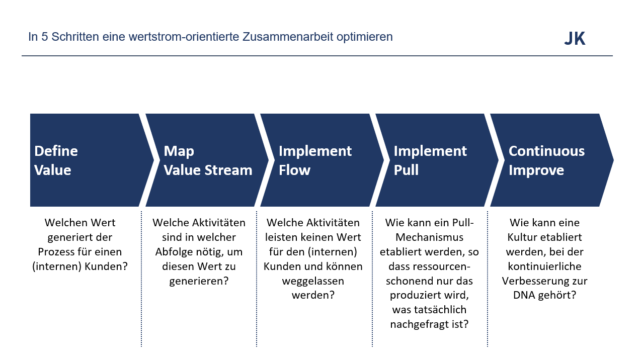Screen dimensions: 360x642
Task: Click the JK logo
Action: tap(575, 39)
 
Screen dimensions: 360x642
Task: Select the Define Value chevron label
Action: tap(56, 160)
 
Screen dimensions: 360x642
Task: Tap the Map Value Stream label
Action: tap(208, 160)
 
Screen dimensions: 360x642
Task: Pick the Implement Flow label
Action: tap(315, 160)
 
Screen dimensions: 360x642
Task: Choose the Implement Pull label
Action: tap(430, 160)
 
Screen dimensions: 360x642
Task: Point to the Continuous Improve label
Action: tap(546, 160)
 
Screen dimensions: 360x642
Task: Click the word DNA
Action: tap(524, 295)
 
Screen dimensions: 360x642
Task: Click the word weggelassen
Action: tap(313, 281)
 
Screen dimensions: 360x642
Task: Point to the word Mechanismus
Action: tap(429, 237)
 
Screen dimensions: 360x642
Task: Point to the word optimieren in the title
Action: tap(367, 37)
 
